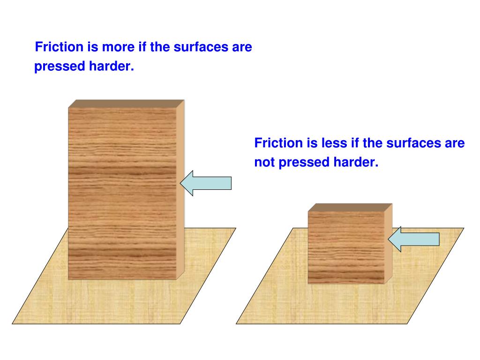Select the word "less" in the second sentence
point(330,143)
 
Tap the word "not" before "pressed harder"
point(264,163)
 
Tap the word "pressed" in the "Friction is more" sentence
point(57,67)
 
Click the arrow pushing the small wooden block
point(413,239)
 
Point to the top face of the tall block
point(126,104)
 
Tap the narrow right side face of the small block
point(388,246)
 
